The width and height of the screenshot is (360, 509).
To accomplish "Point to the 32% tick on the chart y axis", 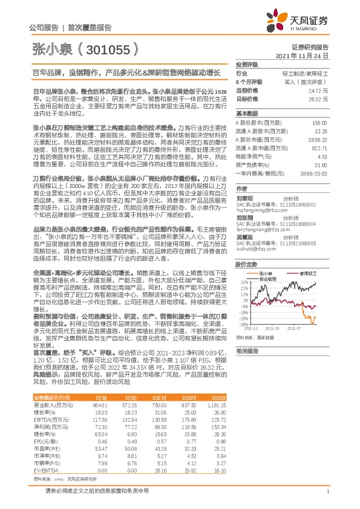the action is [241, 282].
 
